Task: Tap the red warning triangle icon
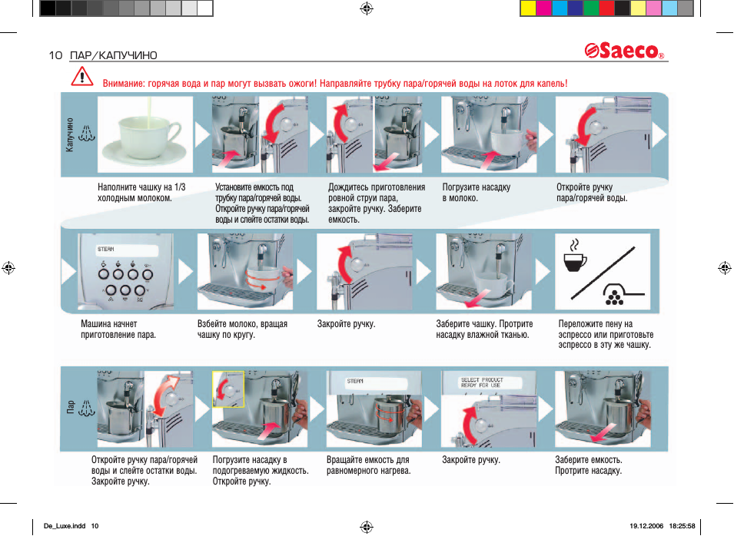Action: (81, 78)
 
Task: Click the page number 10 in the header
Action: (55, 55)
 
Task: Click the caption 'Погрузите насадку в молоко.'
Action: (476, 192)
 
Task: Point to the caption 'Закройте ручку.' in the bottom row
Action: (470, 460)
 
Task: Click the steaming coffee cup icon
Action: (574, 256)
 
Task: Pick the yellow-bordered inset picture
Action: (228, 388)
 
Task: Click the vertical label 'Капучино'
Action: (70, 134)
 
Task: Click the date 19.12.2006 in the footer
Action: (645, 526)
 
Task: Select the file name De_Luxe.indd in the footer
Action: (65, 526)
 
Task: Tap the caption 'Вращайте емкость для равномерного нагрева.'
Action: (368, 465)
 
